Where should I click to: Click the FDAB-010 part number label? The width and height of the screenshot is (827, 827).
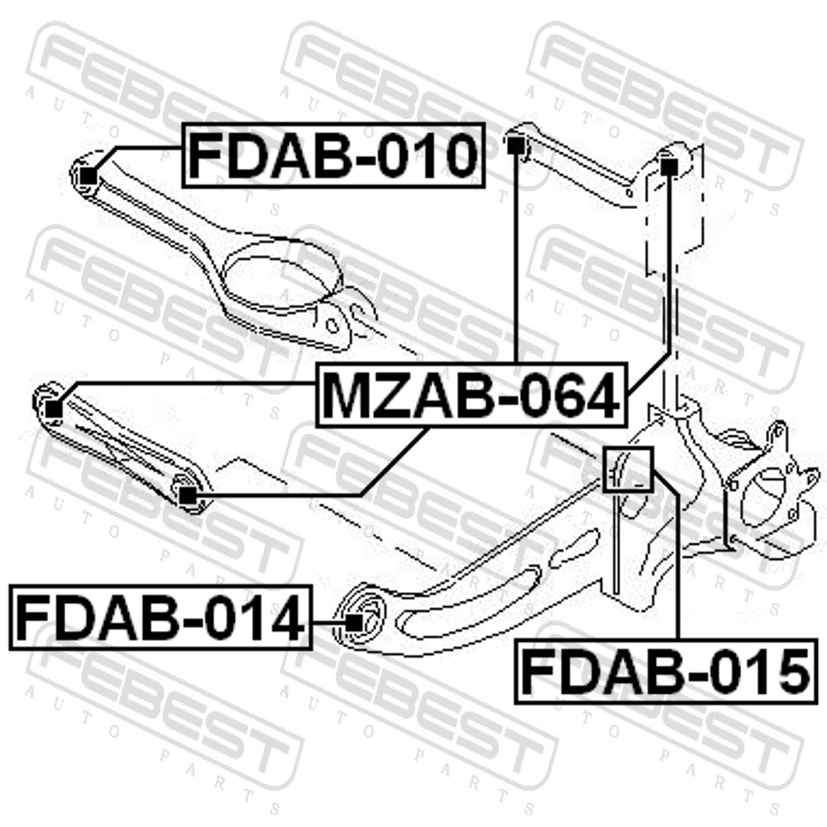333,155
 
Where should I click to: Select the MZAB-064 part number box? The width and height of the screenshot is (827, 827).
472,395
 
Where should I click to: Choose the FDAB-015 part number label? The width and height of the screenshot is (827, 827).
667,672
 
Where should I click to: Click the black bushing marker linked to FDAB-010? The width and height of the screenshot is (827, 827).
89,175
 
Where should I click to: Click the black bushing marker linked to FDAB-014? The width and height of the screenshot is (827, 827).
356,623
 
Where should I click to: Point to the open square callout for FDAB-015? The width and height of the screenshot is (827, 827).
629,469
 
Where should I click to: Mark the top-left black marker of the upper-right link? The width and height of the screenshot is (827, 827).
515,144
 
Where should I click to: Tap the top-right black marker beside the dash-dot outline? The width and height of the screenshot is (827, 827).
669,165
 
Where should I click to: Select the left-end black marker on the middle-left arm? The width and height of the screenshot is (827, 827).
53,409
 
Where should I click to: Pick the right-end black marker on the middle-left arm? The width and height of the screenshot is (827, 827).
187,495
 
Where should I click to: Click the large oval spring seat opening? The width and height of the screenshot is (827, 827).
282,276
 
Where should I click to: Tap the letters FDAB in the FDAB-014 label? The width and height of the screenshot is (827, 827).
96,618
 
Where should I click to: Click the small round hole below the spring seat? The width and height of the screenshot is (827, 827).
332,324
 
